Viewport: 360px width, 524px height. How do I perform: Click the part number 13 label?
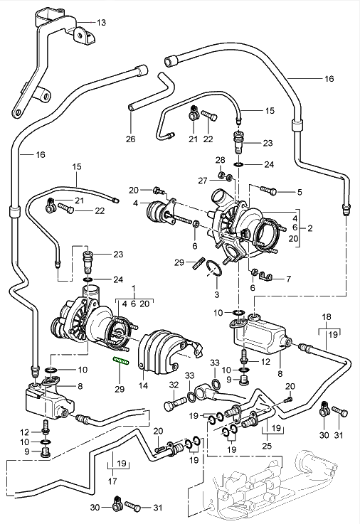[x=101, y=22]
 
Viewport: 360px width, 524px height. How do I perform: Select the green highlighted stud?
[x=122, y=361]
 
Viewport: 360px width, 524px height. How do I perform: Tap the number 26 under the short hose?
[x=131, y=139]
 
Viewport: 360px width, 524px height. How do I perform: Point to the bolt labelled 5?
[x=268, y=191]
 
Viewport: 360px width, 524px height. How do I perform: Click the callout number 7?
[x=288, y=279]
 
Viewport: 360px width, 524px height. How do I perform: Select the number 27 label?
[x=203, y=181]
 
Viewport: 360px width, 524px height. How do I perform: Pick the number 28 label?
[x=220, y=160]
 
